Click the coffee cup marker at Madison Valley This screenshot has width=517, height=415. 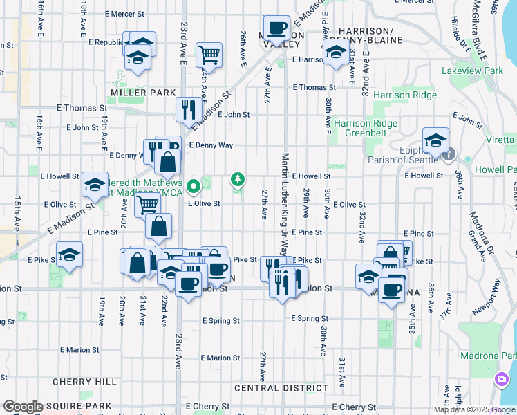coord(277,28)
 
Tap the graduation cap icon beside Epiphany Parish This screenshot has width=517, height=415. coord(436,140)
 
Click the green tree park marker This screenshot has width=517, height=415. coord(238,181)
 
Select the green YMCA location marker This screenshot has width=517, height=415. coord(194,185)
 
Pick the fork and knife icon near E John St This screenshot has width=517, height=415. coord(188,107)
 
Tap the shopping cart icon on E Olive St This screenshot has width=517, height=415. coord(147,205)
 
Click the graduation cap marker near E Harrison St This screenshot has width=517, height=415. coord(336,52)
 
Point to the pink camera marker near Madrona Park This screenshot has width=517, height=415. coord(501,380)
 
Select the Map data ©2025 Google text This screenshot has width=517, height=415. coord(473,409)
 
